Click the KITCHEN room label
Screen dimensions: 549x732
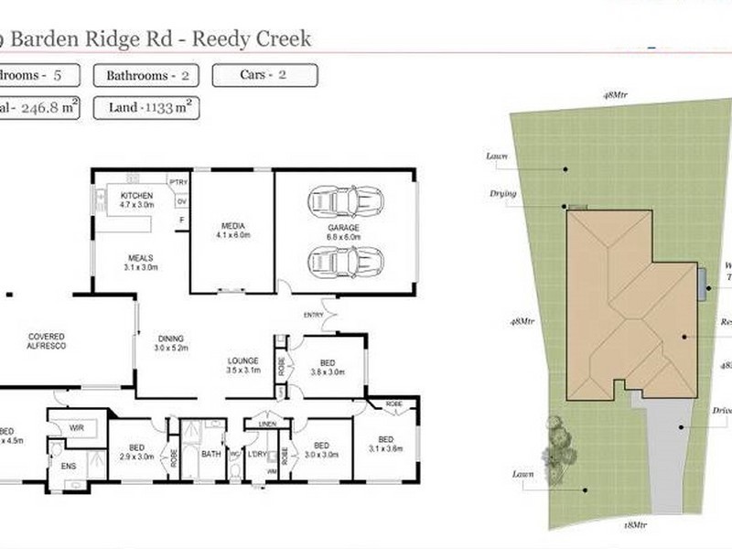coord(136,196)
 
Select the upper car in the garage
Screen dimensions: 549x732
coord(345,199)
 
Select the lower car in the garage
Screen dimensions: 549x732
coord(345,262)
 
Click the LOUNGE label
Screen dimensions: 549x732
coord(243,361)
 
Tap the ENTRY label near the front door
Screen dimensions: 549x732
coord(314,316)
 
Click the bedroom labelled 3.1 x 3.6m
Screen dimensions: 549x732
coord(386,442)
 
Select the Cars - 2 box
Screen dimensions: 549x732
coord(264,75)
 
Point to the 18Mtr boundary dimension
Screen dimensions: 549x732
coord(634,525)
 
